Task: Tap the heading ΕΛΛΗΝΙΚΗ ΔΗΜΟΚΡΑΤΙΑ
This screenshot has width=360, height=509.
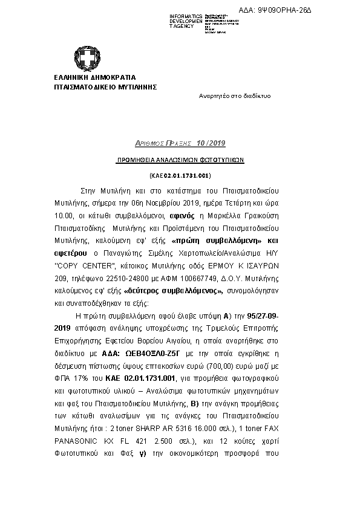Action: (x=95, y=77)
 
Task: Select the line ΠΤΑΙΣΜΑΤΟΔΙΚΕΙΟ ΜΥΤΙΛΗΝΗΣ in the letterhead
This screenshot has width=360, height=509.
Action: (x=105, y=86)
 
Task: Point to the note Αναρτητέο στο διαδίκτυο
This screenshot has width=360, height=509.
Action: (x=235, y=96)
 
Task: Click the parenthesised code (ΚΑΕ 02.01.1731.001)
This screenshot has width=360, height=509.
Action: (x=180, y=175)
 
